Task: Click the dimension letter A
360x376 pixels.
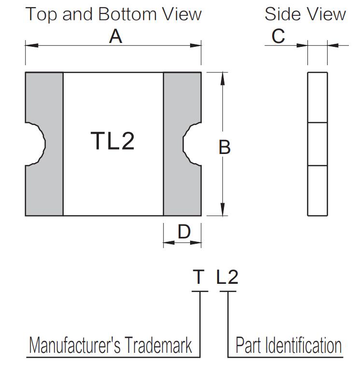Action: tap(115, 37)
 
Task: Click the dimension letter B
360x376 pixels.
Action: tap(224, 147)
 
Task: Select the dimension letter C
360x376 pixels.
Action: tap(278, 36)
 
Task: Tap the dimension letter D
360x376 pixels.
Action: tap(184, 232)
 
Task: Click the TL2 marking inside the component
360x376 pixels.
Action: tap(112, 141)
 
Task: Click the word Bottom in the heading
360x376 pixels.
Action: tap(127, 14)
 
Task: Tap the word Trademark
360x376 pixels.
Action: tap(158, 345)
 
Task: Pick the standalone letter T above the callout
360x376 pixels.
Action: tap(199, 277)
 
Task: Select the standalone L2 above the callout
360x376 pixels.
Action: tap(227, 277)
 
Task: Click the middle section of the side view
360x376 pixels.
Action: tap(318, 144)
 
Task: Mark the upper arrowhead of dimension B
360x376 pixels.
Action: tap(222, 79)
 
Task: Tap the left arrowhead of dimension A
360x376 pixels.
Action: tap(32, 45)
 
